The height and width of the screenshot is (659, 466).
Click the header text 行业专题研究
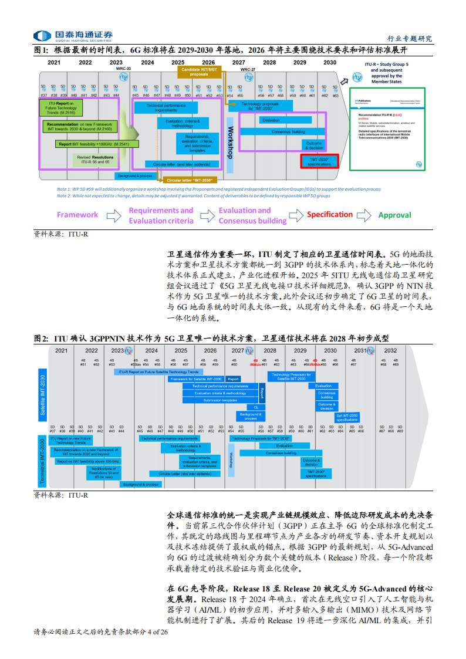pos(410,39)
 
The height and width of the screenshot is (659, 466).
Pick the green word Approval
pos(394,215)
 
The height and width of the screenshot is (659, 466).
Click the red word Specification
pos(330,215)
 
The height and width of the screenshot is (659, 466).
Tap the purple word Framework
pos(77,215)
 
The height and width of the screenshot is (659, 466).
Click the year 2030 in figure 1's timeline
pos(330,62)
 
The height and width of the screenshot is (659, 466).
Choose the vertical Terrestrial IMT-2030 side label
pos(42,461)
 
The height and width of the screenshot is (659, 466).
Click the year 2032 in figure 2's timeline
pos(390,350)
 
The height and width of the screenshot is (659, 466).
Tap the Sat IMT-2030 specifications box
pos(347,418)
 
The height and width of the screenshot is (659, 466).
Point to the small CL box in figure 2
pos(256,407)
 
